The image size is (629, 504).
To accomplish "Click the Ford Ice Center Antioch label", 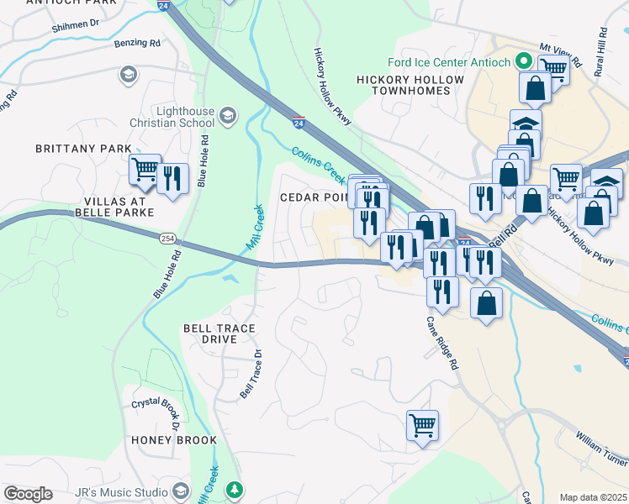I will (449, 62).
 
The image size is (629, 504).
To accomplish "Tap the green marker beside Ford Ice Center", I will (523, 62).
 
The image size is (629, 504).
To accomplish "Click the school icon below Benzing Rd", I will (128, 76).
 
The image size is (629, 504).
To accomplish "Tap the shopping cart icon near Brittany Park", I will (145, 170).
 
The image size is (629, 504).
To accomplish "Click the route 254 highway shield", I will (167, 239).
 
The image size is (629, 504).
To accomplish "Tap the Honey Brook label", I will (173, 440).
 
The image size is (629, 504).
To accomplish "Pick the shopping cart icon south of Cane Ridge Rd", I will (422, 425).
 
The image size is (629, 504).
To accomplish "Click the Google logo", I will (28, 494).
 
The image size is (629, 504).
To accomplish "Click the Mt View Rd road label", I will (561, 55).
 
